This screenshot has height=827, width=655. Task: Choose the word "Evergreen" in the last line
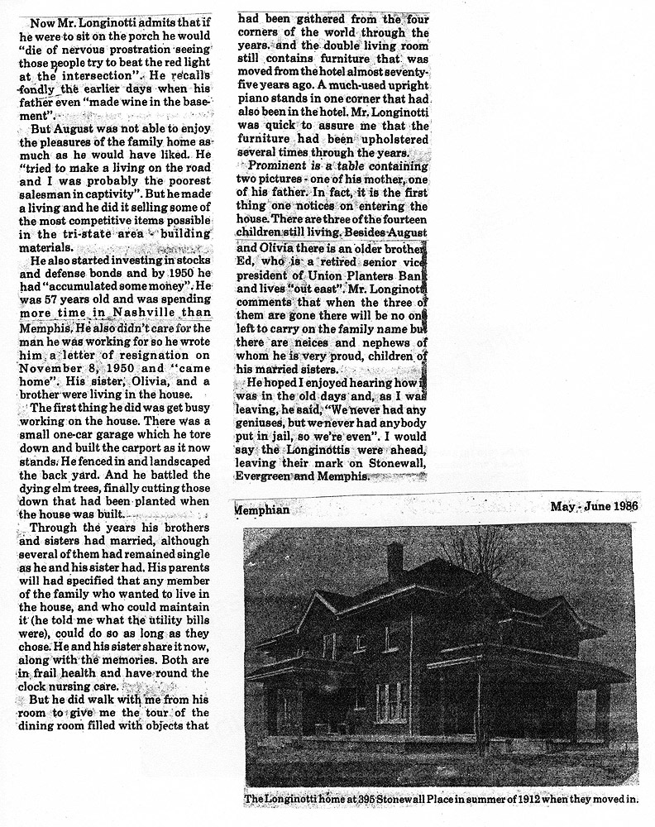(268, 477)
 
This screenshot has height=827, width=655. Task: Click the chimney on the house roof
(394, 562)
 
